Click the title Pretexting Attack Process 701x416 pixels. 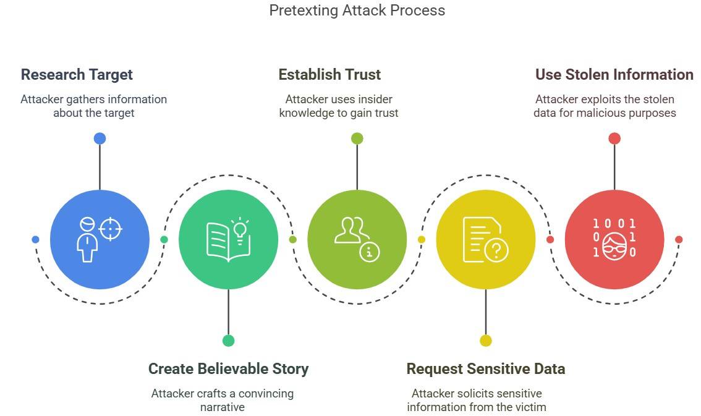[357, 11]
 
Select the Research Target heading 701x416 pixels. [77, 75]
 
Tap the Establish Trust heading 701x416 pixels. [329, 75]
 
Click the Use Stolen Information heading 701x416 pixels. [614, 75]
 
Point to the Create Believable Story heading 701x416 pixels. [228, 369]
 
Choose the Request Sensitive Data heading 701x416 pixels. [485, 369]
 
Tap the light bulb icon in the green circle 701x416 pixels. [239, 227]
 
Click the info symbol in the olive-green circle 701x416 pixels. [370, 251]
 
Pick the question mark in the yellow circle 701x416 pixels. [497, 250]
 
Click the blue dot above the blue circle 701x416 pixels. [100, 138]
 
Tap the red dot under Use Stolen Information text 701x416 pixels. [614, 138]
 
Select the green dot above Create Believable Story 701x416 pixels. [228, 341]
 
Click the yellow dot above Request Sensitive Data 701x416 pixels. [485, 341]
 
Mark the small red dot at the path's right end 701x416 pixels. [678, 240]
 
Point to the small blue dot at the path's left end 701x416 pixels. [35, 240]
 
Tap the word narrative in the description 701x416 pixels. [222, 407]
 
